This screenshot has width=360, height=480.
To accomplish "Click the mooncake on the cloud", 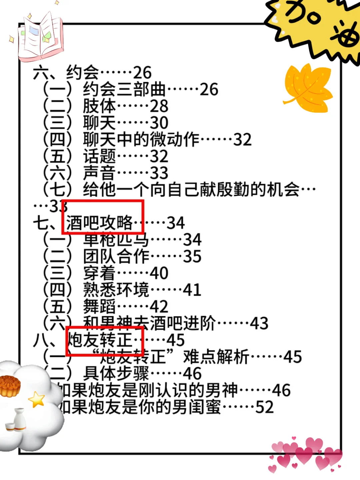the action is tap(9, 386).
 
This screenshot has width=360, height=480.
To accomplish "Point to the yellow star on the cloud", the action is tap(37, 399).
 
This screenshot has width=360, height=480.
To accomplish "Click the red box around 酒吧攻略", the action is tap(103, 217).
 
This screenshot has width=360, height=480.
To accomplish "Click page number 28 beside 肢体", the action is tap(159, 106).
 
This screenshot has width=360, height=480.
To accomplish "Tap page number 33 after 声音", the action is tap(159, 173).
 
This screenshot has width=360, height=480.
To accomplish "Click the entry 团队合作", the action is tap(116, 256).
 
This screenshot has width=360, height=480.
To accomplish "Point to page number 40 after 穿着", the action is tap(159, 273).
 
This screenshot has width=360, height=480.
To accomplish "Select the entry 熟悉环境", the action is tap(116, 290).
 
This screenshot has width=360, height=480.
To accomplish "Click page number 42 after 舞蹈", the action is tap(159, 306).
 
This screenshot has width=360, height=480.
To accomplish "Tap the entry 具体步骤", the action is tap(116, 373).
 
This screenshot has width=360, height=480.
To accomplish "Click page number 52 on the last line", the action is tap(264, 407).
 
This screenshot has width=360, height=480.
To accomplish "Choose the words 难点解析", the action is tap(216, 357).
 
